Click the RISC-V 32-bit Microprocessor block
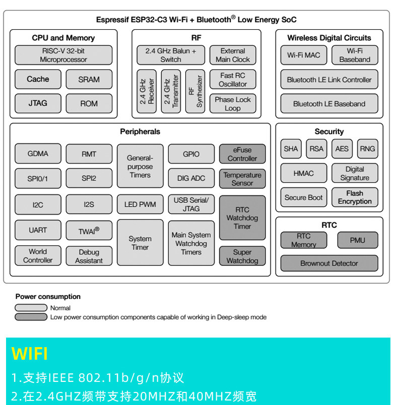click(63, 55)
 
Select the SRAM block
click(89, 79)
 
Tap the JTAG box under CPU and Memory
click(38, 103)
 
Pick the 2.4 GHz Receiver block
click(147, 91)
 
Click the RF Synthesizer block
click(195, 91)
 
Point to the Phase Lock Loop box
click(232, 104)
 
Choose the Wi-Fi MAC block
click(303, 55)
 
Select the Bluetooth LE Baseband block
click(329, 104)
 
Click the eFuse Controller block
click(242, 154)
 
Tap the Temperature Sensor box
click(242, 179)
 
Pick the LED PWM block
click(140, 204)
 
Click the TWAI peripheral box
click(89, 230)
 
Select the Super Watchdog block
click(242, 256)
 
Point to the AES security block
click(342, 148)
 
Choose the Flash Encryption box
click(355, 197)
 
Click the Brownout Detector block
click(329, 263)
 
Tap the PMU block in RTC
click(357, 240)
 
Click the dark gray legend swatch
click(31, 317)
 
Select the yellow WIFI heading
click(30, 354)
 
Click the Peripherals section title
click(140, 132)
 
